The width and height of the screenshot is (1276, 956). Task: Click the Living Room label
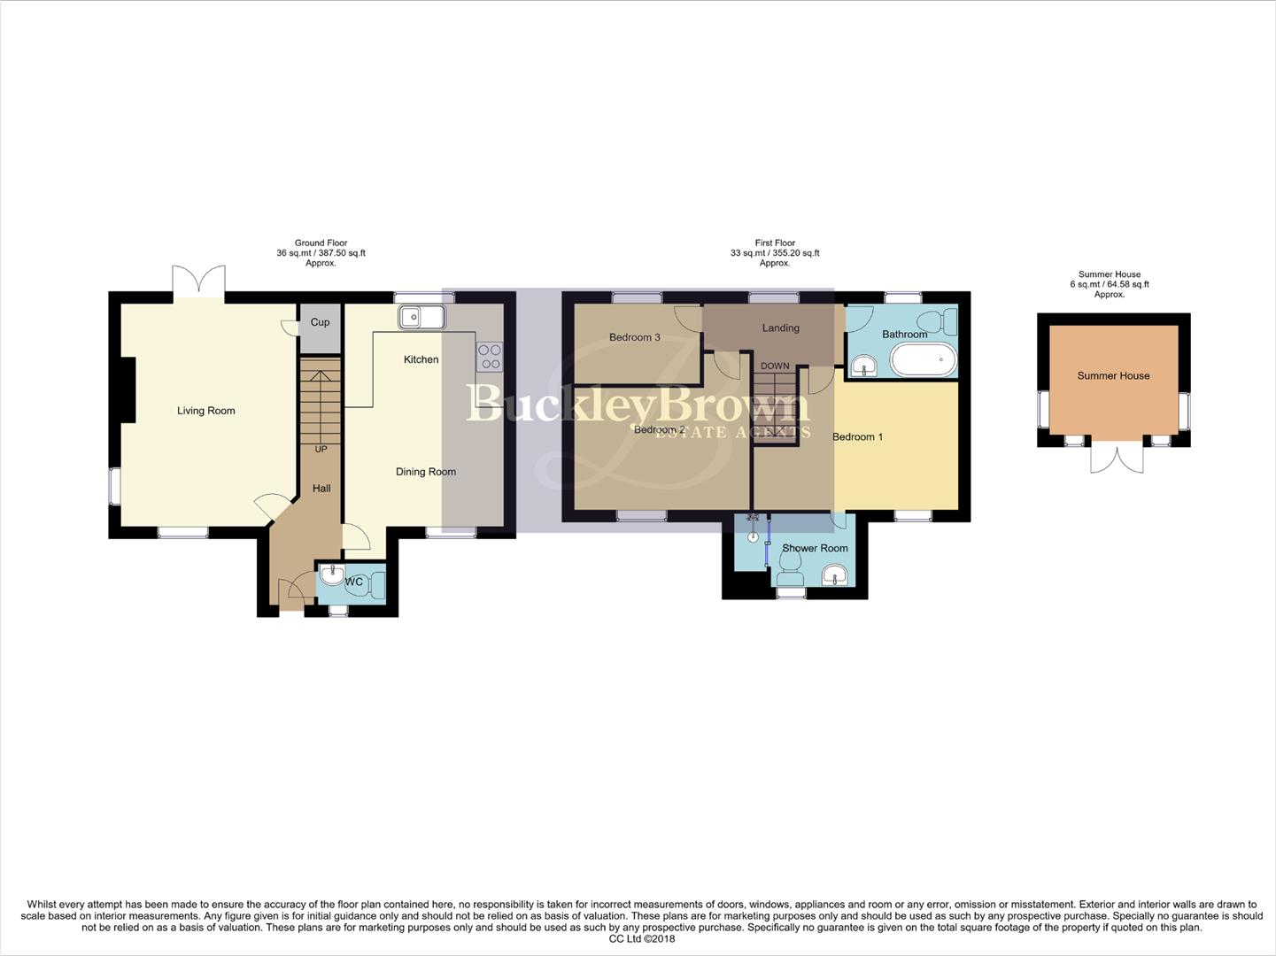(205, 411)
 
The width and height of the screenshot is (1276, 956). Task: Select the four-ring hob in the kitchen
(490, 357)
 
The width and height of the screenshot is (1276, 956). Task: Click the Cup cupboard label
(320, 322)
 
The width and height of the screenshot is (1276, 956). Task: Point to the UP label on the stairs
(321, 450)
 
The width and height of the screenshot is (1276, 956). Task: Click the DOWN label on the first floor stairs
(775, 366)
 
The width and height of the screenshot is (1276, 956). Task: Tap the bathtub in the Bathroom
(923, 361)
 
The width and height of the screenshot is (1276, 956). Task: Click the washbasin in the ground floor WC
(331, 576)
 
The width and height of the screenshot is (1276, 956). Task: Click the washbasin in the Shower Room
(835, 577)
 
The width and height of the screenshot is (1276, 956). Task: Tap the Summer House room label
(1113, 376)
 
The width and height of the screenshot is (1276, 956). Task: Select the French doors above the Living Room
(199, 281)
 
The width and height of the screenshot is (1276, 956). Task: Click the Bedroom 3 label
(634, 337)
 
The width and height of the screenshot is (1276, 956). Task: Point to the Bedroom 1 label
(857, 437)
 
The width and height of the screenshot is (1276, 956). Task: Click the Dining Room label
(425, 472)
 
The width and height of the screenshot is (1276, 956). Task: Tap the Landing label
(780, 328)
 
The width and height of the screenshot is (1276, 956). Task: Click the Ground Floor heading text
(321, 243)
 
